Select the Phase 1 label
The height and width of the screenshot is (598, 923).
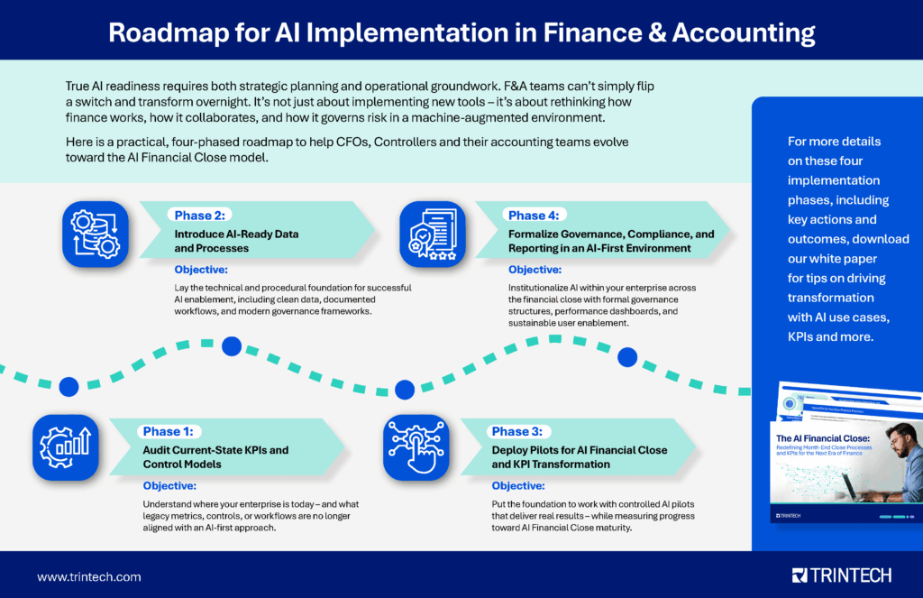pos(171,432)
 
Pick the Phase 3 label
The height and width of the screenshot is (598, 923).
pos(521,432)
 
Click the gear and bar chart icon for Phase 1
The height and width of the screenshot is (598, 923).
pos(66,446)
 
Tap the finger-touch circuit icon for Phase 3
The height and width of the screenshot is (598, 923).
pos(416,446)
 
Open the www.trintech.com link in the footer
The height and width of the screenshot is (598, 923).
pos(88,576)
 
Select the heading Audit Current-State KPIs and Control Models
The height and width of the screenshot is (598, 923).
pos(215,456)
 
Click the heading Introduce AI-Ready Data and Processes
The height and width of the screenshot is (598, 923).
pos(236,240)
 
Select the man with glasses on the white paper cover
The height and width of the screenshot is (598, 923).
pos(892,460)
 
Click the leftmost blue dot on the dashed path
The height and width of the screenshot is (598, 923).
pos(68,387)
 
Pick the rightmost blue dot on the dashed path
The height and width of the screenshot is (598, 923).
pos(626,357)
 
